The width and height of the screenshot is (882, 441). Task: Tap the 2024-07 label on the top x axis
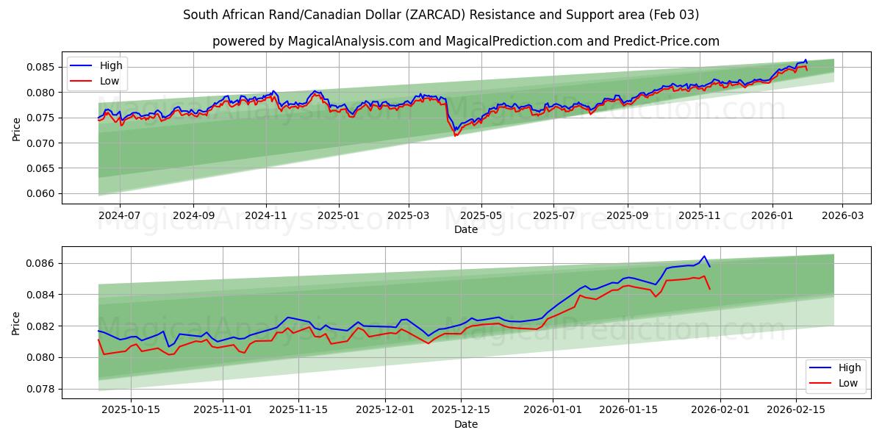click(x=119, y=216)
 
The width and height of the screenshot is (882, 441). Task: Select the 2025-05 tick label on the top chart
click(x=481, y=216)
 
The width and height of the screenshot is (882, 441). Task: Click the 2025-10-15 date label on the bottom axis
click(x=132, y=410)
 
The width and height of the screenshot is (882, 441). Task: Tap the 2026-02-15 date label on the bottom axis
click(x=796, y=410)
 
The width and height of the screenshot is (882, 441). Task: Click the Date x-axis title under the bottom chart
click(x=465, y=424)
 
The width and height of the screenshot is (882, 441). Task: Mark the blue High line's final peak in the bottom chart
click(x=704, y=256)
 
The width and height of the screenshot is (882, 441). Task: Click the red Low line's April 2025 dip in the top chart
click(x=455, y=136)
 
